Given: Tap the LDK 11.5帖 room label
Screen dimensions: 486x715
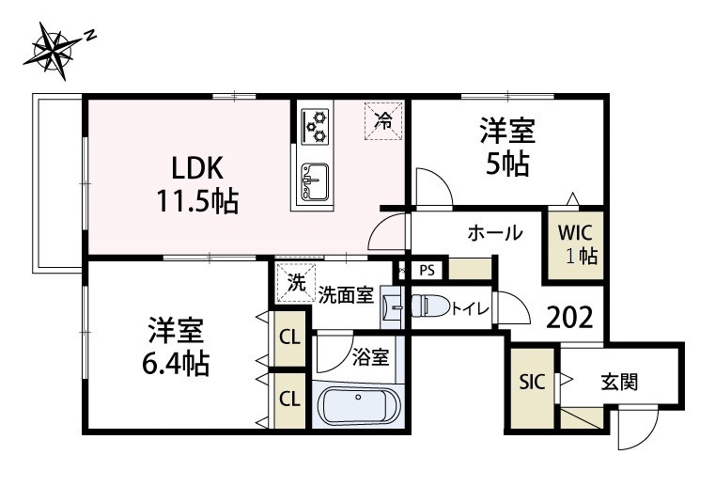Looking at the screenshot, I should pos(196,182).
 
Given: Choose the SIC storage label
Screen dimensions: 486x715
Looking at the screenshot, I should pos(531,383).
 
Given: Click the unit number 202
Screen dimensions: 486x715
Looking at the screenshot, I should pos(569,318).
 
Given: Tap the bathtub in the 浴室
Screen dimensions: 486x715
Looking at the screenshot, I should pos(359,407).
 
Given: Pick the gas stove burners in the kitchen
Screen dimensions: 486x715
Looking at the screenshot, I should pos(316,125).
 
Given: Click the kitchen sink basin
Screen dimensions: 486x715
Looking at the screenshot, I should pos(313,176).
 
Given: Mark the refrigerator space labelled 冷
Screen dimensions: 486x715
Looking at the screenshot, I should pos(383,119).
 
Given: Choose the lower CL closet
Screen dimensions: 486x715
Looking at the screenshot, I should pos(289,398).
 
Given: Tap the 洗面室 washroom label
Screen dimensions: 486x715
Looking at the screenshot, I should pos(346,294).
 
